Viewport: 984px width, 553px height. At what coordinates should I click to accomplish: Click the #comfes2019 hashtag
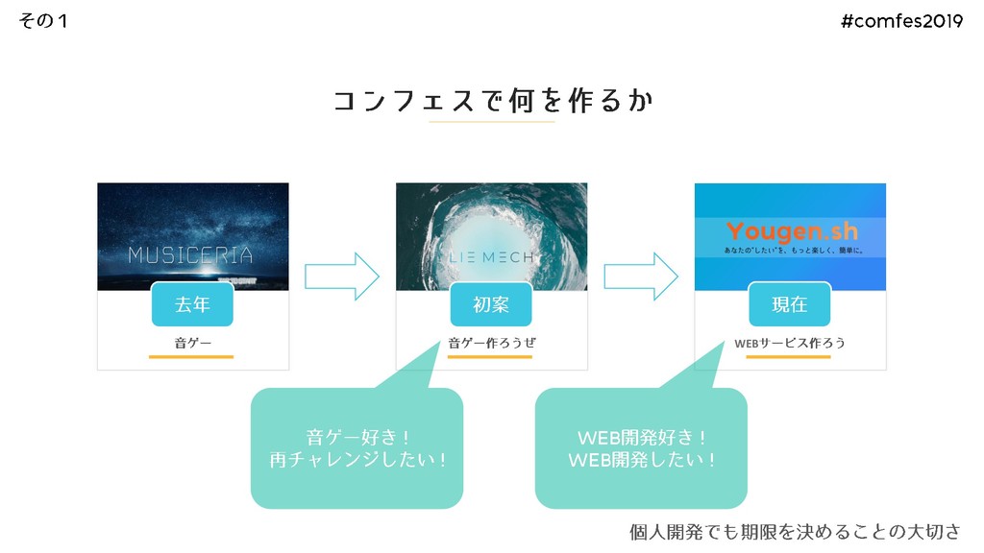click(x=901, y=22)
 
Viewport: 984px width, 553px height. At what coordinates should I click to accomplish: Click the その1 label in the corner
click(x=43, y=21)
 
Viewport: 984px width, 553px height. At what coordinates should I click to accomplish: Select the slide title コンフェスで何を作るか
click(x=492, y=101)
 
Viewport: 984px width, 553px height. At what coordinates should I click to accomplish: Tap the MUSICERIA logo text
click(x=191, y=255)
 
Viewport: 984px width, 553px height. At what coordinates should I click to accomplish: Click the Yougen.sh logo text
click(x=792, y=230)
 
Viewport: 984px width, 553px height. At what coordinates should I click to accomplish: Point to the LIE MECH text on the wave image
click(x=491, y=257)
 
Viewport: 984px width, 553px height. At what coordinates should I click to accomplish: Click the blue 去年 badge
click(x=192, y=304)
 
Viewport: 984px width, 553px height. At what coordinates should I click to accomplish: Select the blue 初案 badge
click(x=491, y=304)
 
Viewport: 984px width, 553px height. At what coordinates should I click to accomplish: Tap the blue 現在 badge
click(x=790, y=304)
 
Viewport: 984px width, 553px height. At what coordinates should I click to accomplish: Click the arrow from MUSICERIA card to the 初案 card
click(x=342, y=276)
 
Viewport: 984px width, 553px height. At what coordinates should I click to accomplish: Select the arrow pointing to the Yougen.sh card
click(x=641, y=276)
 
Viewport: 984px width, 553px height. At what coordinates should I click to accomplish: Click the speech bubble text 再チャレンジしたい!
click(x=357, y=461)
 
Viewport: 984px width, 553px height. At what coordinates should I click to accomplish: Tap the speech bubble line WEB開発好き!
click(x=641, y=439)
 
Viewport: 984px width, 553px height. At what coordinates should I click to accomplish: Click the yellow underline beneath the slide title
click(x=492, y=122)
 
